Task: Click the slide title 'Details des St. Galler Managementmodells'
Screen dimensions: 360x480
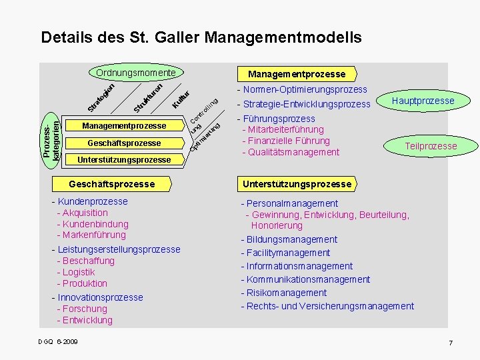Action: coord(201,37)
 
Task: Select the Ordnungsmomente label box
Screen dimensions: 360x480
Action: coord(136,72)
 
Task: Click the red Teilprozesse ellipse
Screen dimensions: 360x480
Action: coord(431,146)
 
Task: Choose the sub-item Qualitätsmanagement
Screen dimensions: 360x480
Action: coord(292,152)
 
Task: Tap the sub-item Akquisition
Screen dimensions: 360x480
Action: coord(83,213)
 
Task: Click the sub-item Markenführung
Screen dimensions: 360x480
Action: coord(92,235)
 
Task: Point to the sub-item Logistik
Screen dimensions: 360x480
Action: coord(77,272)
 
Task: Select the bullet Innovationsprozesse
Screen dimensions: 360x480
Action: coord(98,297)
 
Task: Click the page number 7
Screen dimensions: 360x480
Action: coord(451,343)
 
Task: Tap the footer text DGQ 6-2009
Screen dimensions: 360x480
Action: coord(58,342)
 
